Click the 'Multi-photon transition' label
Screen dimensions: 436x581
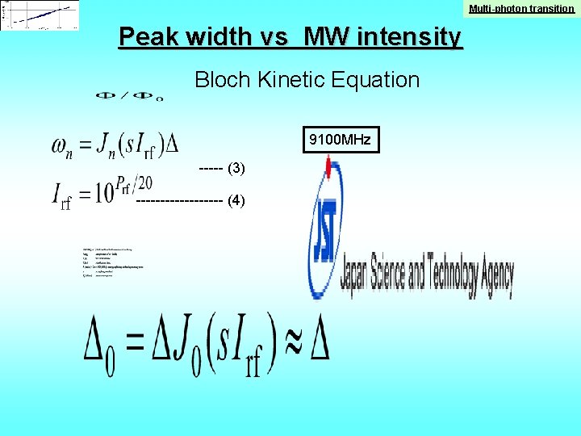522,8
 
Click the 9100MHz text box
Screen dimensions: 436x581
339,140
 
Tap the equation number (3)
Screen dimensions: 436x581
236,169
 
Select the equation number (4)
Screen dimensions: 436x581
236,201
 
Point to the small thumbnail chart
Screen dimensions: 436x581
40,15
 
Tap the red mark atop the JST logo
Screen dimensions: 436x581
328,167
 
